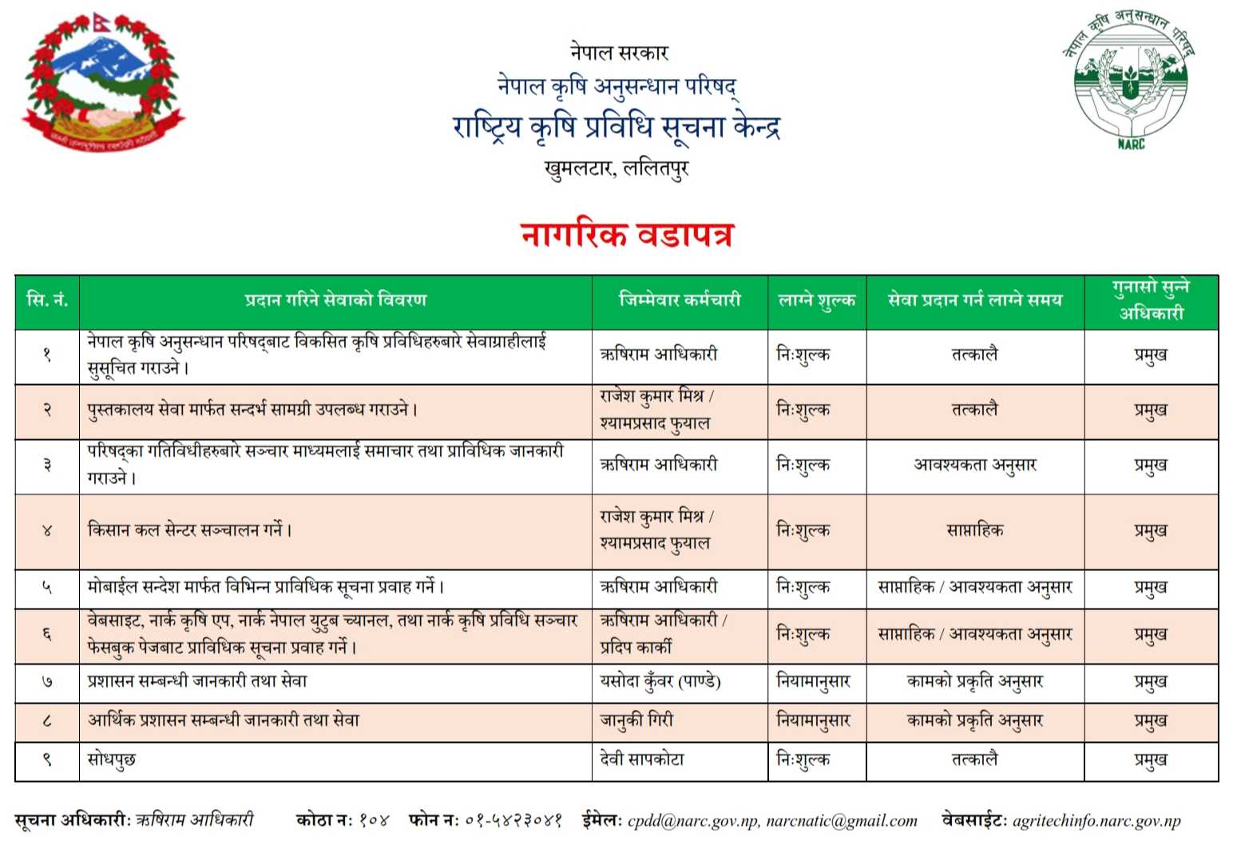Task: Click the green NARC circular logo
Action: point(1130,78)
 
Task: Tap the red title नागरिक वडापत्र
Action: point(627,235)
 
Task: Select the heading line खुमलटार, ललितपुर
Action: point(616,169)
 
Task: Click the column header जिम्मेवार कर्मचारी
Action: point(680,300)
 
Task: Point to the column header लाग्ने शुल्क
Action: point(816,300)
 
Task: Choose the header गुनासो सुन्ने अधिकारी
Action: point(1151,300)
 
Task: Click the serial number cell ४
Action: point(47,530)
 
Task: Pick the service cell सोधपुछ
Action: point(112,760)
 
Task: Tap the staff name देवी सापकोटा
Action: point(642,760)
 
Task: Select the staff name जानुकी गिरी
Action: point(636,720)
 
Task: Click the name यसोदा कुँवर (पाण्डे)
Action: point(660,682)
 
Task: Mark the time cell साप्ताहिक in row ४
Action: point(974,530)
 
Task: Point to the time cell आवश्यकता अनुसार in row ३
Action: point(974,465)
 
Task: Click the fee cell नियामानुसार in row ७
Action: point(813,682)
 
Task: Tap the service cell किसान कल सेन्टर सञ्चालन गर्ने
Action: point(189,530)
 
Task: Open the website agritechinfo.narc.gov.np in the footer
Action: point(1096,821)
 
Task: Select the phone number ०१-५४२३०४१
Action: point(513,821)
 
